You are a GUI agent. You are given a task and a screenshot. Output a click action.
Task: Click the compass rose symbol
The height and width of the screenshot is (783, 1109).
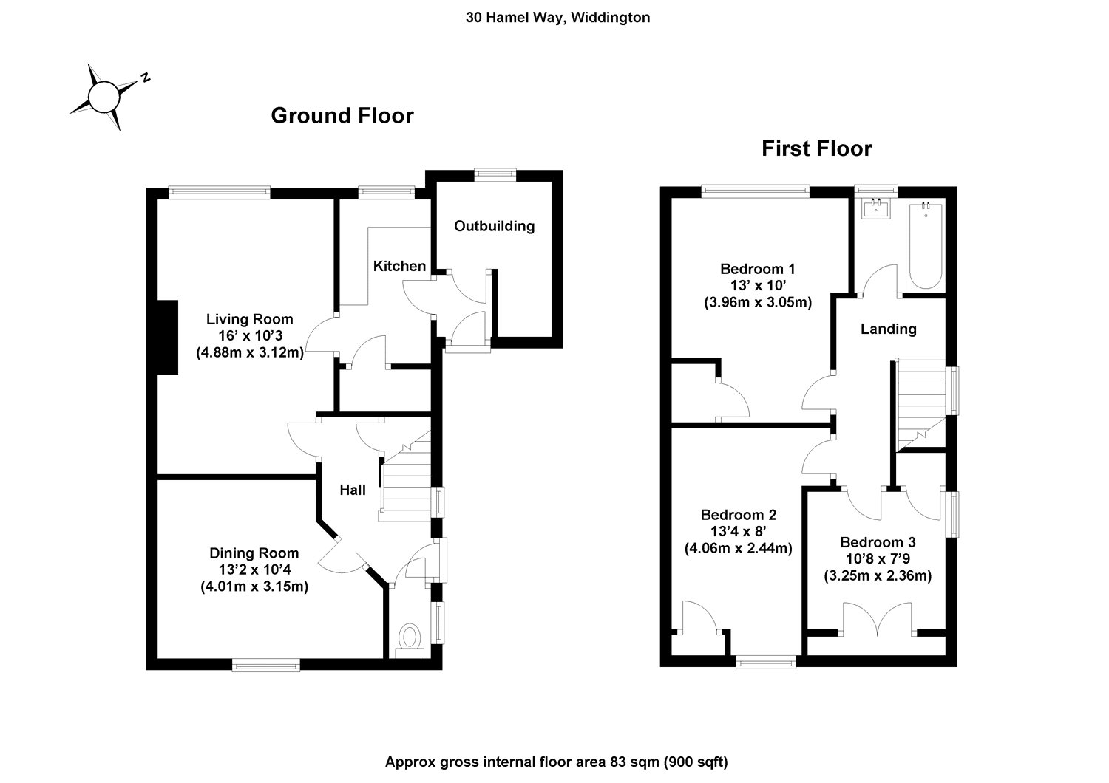pyautogui.click(x=104, y=97)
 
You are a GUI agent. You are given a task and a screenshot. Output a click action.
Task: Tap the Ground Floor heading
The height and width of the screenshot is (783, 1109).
pyautogui.click(x=342, y=116)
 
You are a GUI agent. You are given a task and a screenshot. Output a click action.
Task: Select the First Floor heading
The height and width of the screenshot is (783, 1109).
pyautogui.click(x=816, y=149)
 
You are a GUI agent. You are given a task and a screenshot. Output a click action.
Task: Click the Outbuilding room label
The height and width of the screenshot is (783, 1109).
pyautogui.click(x=494, y=226)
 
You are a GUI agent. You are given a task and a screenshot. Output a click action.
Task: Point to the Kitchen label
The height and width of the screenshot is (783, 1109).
pyautogui.click(x=399, y=266)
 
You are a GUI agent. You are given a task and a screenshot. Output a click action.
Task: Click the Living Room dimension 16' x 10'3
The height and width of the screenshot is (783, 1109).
pyautogui.click(x=249, y=336)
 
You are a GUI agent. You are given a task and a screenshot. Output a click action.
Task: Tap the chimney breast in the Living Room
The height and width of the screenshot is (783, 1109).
pyautogui.click(x=166, y=337)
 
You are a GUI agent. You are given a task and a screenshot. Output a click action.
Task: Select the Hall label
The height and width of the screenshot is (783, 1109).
pyautogui.click(x=353, y=490)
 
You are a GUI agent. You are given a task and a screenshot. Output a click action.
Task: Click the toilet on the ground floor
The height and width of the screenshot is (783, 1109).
pyautogui.click(x=409, y=638)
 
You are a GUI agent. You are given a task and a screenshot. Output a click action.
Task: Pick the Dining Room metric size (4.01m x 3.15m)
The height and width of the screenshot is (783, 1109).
pyautogui.click(x=254, y=587)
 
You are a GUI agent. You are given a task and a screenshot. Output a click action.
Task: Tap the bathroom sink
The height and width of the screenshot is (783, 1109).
pyautogui.click(x=875, y=209)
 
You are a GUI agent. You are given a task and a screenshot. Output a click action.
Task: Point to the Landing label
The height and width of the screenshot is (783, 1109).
pyautogui.click(x=888, y=329)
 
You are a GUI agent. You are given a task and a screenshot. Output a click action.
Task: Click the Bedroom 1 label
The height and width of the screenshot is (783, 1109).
pyautogui.click(x=758, y=269)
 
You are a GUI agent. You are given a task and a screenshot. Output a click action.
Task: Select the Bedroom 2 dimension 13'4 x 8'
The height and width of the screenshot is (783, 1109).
pyautogui.click(x=738, y=531)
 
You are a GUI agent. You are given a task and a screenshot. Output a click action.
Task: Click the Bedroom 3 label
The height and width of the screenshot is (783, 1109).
pyautogui.click(x=877, y=542)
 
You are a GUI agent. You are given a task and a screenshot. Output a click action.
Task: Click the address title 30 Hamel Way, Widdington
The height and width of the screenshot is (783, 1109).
pyautogui.click(x=557, y=18)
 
